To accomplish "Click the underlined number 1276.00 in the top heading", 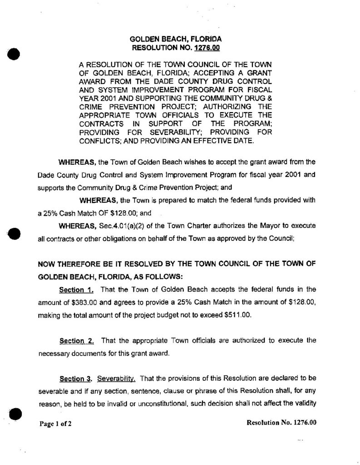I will click(x=207, y=47).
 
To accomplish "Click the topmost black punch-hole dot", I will click(x=14, y=54).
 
